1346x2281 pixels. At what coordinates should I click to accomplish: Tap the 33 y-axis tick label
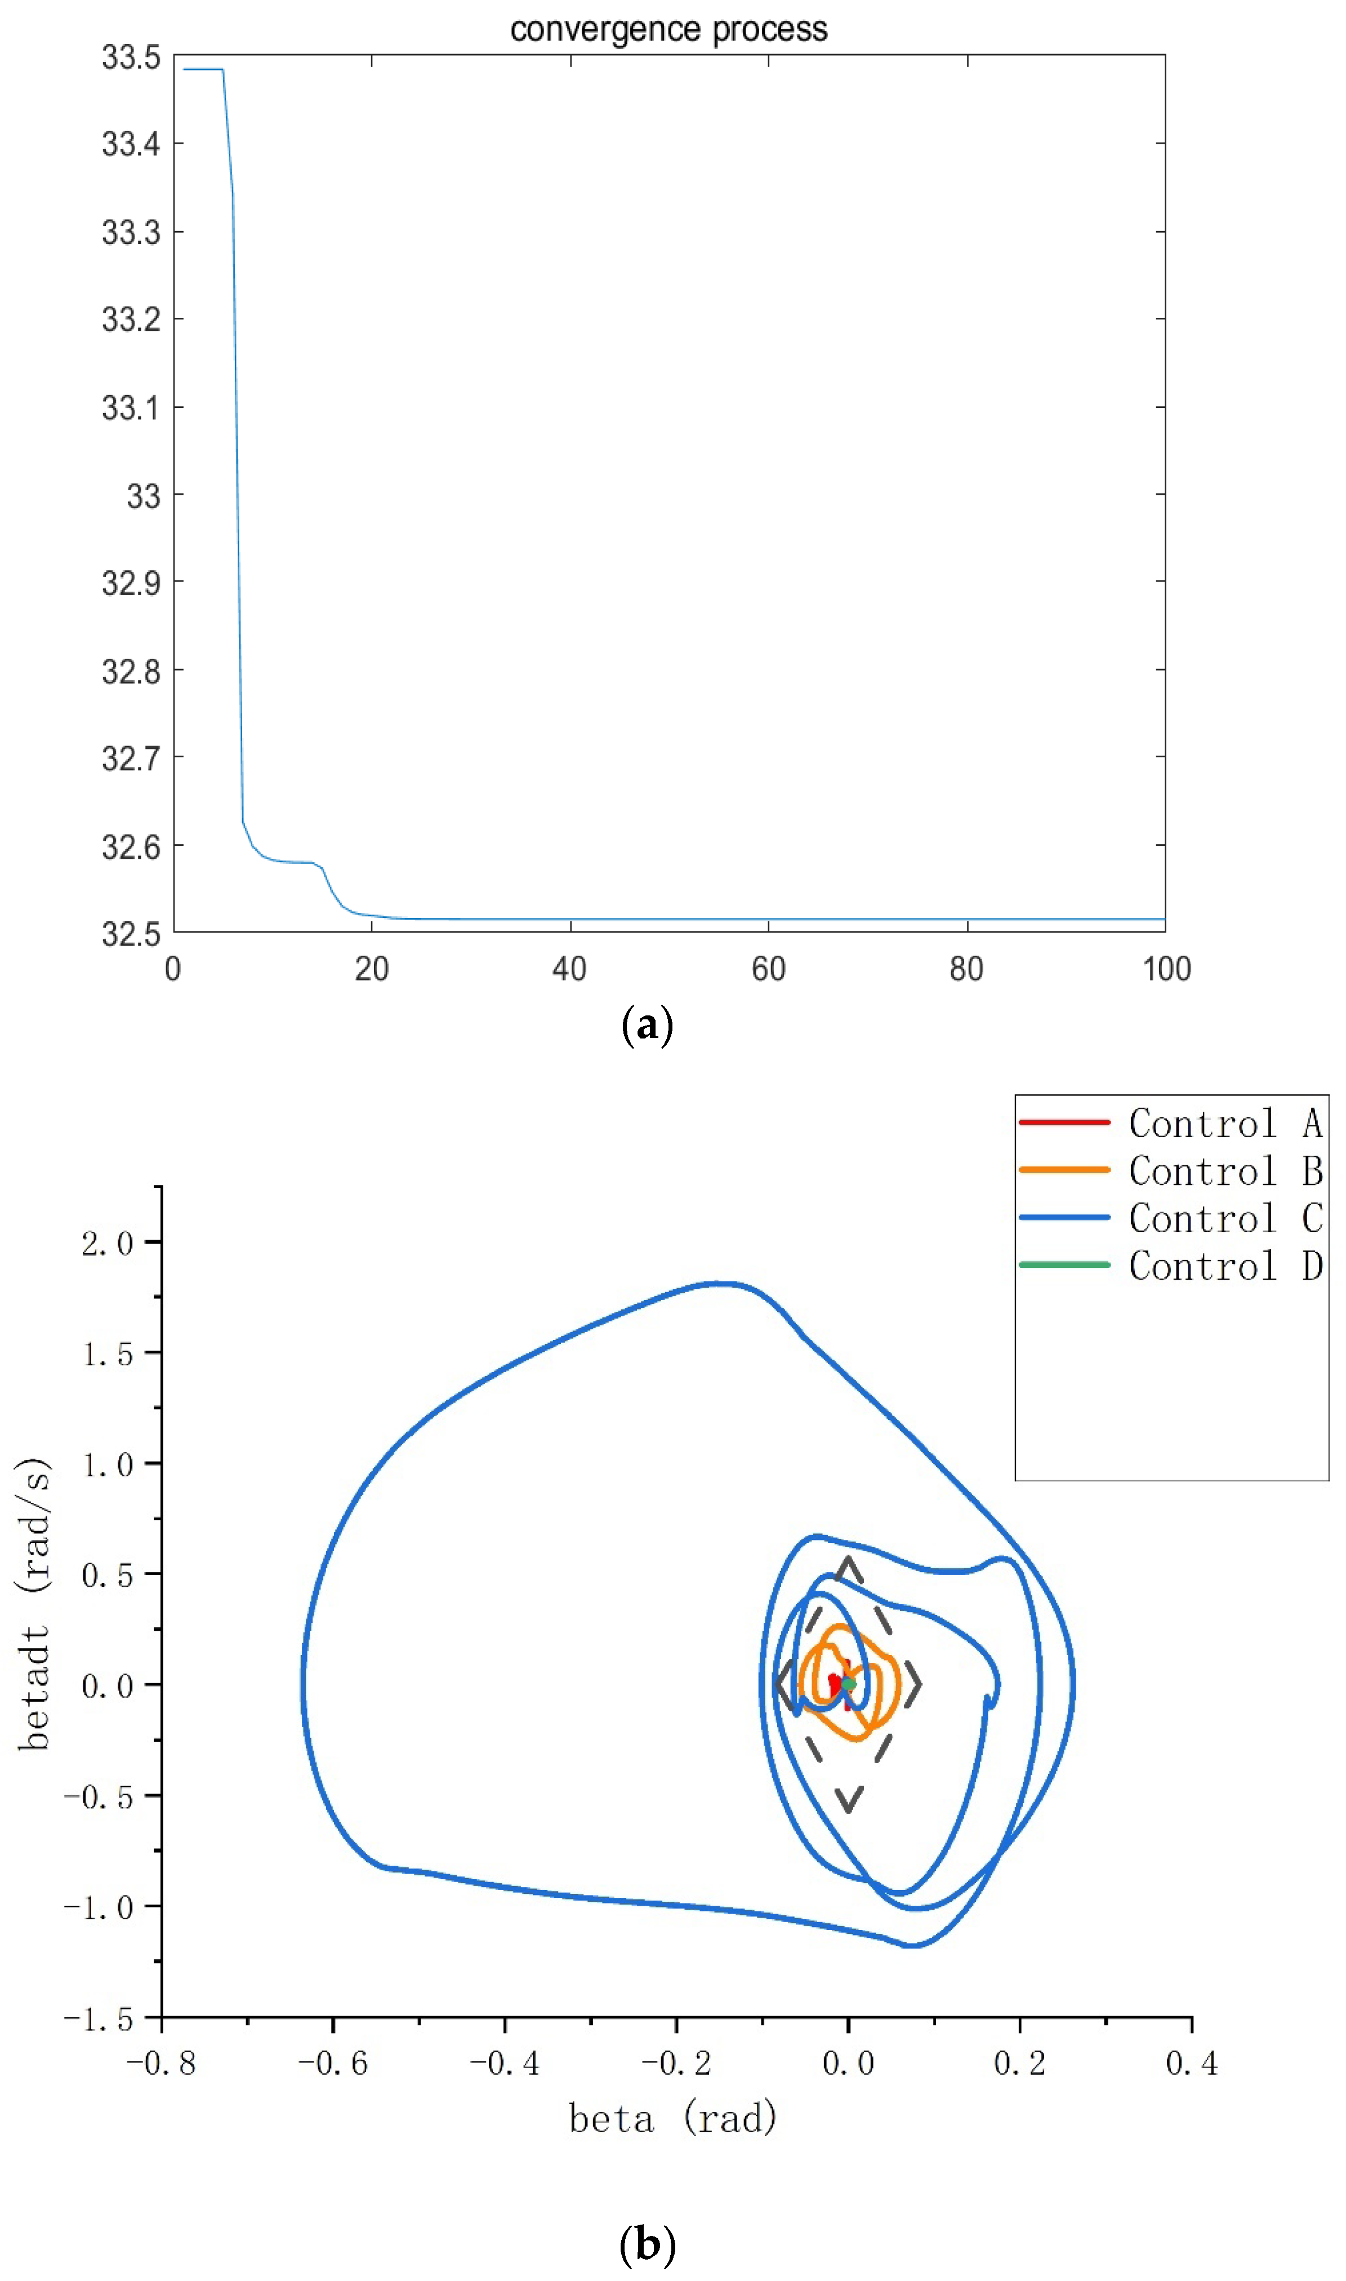[143, 496]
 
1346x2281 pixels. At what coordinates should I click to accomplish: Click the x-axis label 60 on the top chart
[768, 969]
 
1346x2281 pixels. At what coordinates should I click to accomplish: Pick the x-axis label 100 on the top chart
[1166, 969]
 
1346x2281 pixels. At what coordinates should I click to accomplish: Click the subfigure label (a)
[648, 1026]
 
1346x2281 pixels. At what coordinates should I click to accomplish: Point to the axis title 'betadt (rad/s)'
[34, 1603]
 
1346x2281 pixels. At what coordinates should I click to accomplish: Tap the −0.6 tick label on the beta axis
[333, 2063]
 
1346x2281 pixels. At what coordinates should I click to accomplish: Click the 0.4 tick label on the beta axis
[1191, 2063]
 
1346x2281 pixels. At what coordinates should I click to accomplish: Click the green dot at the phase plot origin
[848, 1684]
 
